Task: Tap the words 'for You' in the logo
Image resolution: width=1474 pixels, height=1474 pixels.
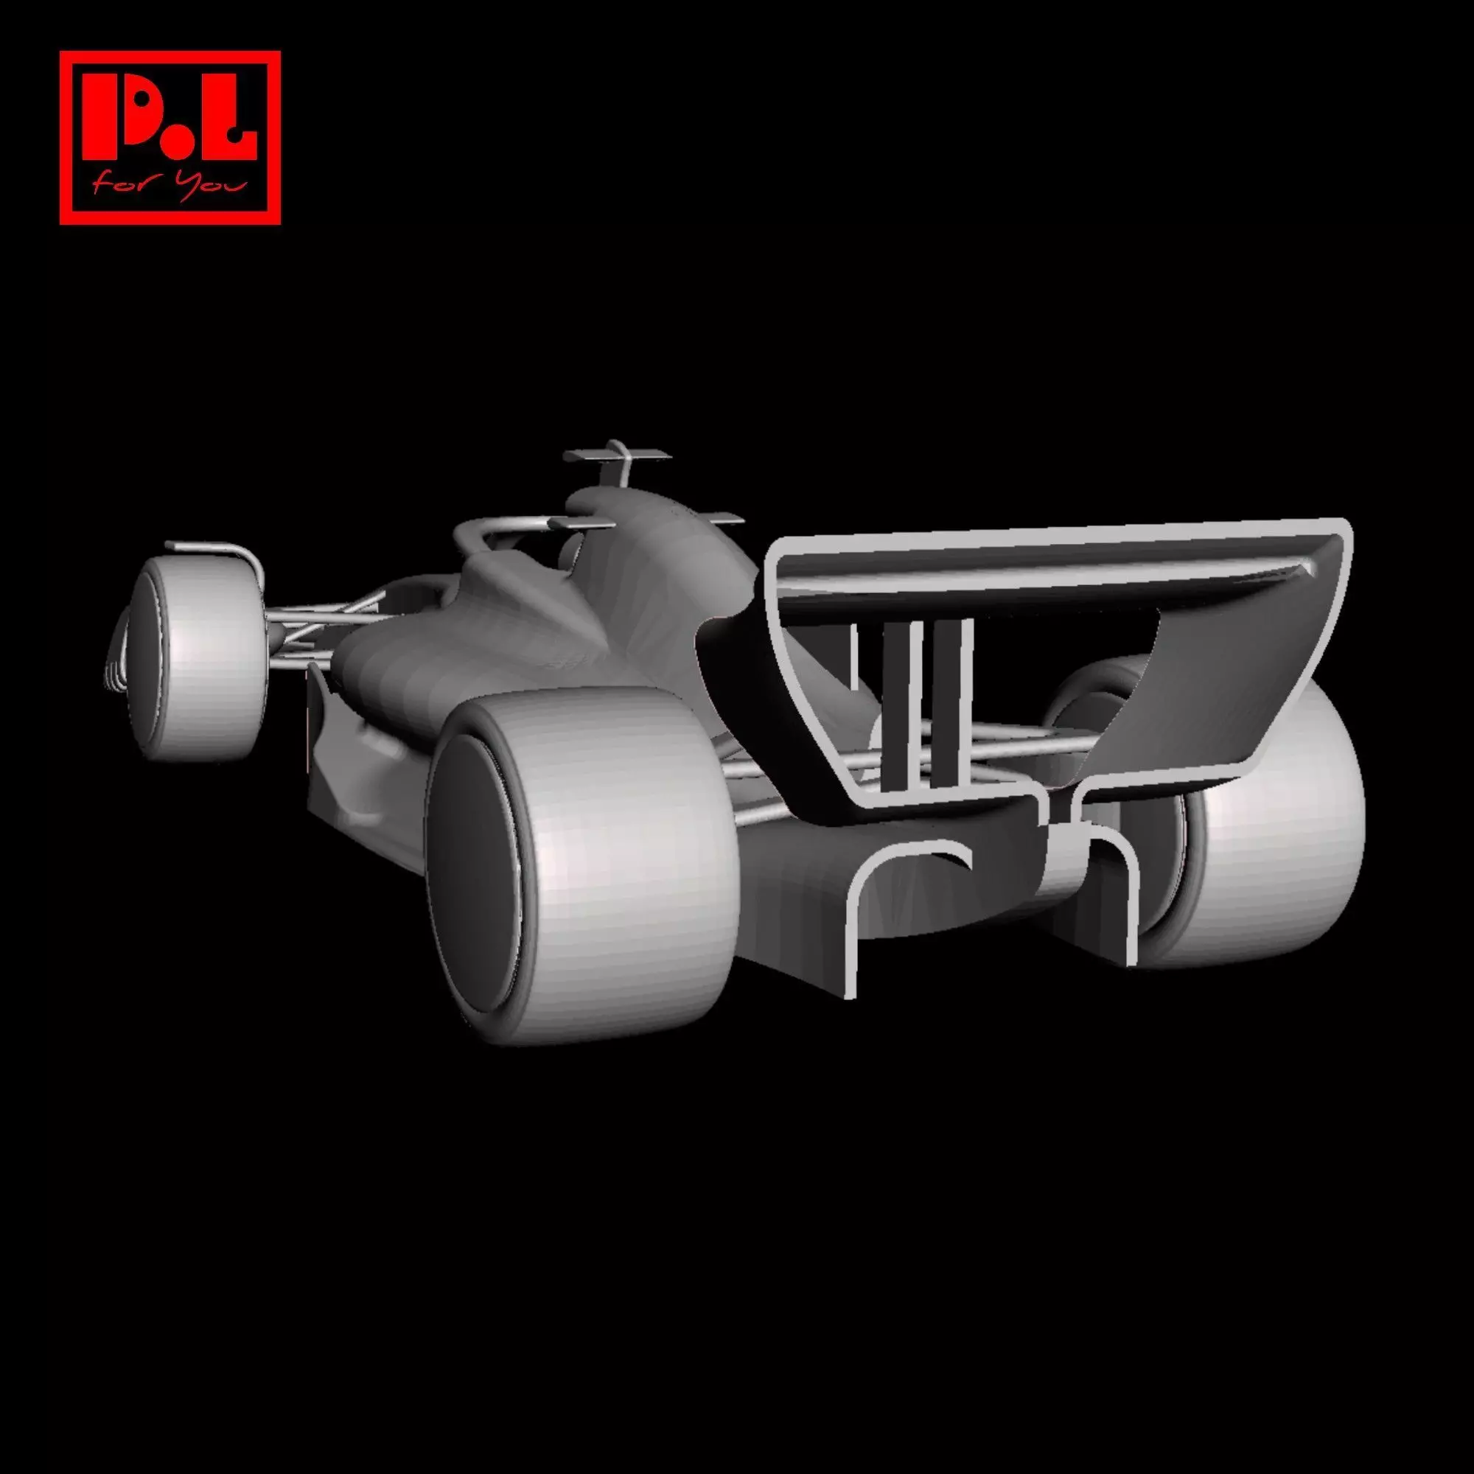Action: pyautogui.click(x=170, y=183)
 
